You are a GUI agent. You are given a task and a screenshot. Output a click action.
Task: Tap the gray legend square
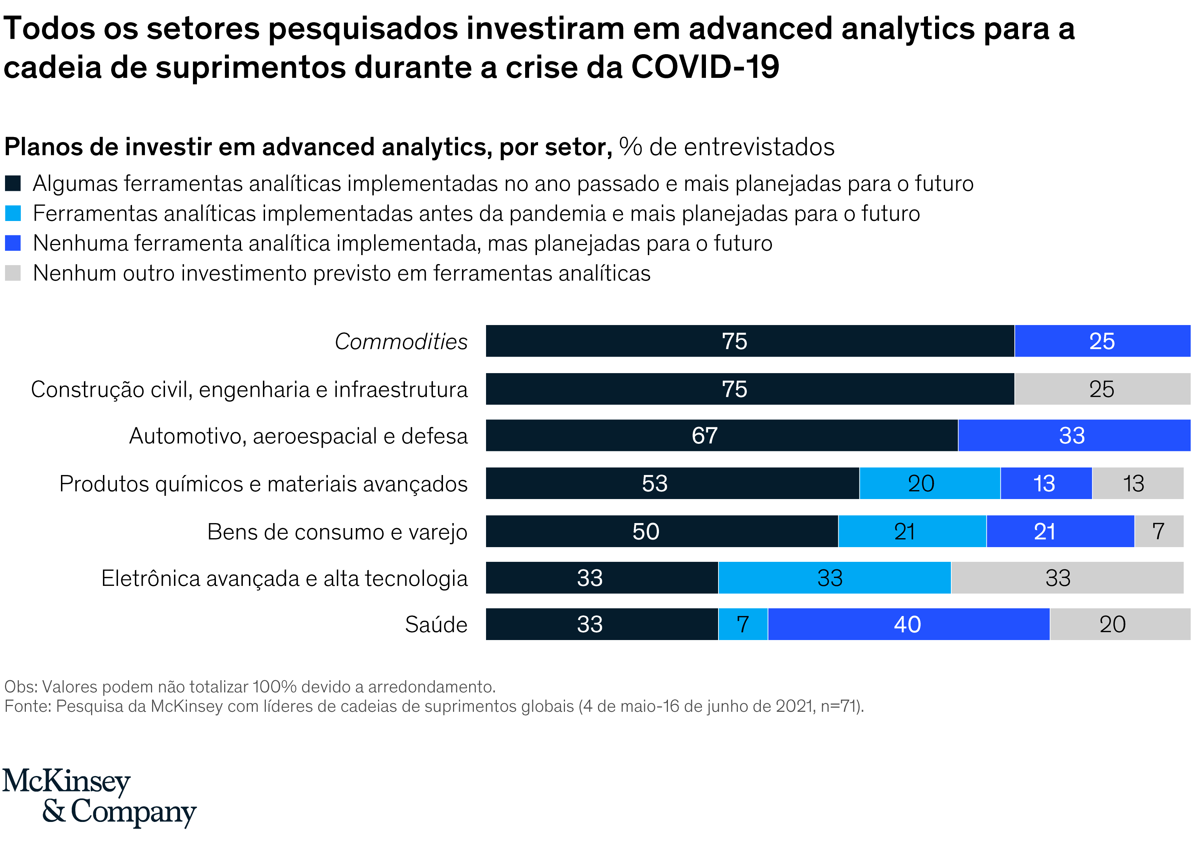(x=13, y=273)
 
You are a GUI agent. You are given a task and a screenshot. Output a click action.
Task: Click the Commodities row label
(x=401, y=341)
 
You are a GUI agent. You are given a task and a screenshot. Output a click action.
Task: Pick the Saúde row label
(x=436, y=624)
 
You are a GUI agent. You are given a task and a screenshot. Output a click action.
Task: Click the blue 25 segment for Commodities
(x=1102, y=341)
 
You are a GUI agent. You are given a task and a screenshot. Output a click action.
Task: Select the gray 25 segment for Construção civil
(x=1102, y=389)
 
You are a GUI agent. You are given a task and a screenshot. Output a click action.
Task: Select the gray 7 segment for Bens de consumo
(x=1159, y=531)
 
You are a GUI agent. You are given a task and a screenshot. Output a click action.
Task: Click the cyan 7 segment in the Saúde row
(x=743, y=624)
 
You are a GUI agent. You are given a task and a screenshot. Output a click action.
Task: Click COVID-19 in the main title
(x=705, y=67)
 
